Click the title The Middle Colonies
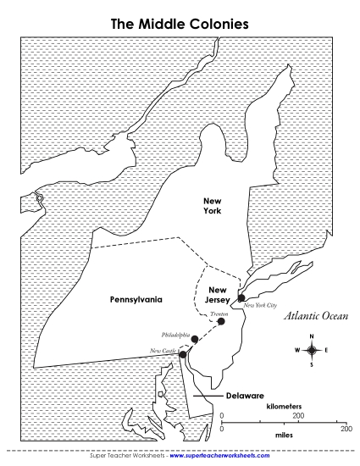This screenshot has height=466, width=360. pyautogui.click(x=180, y=25)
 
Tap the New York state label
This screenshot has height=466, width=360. pyautogui.click(x=212, y=206)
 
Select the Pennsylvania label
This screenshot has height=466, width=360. pyautogui.click(x=136, y=299)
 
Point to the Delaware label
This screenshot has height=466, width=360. pyautogui.click(x=245, y=396)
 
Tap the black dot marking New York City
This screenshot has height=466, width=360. pyautogui.click(x=241, y=298)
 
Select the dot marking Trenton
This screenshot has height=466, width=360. pyautogui.click(x=221, y=321)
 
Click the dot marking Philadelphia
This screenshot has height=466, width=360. pyautogui.click(x=195, y=339)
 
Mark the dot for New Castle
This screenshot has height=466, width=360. pyautogui.click(x=182, y=355)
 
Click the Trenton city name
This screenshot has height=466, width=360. pyautogui.click(x=219, y=313)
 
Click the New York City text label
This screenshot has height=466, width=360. pyautogui.click(x=260, y=303)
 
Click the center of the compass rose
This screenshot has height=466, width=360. pyautogui.click(x=312, y=350)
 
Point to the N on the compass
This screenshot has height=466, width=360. pyautogui.click(x=312, y=336)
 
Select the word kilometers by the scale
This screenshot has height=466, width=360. pyautogui.click(x=283, y=407)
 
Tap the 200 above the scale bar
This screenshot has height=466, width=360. pyautogui.click(x=298, y=416)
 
